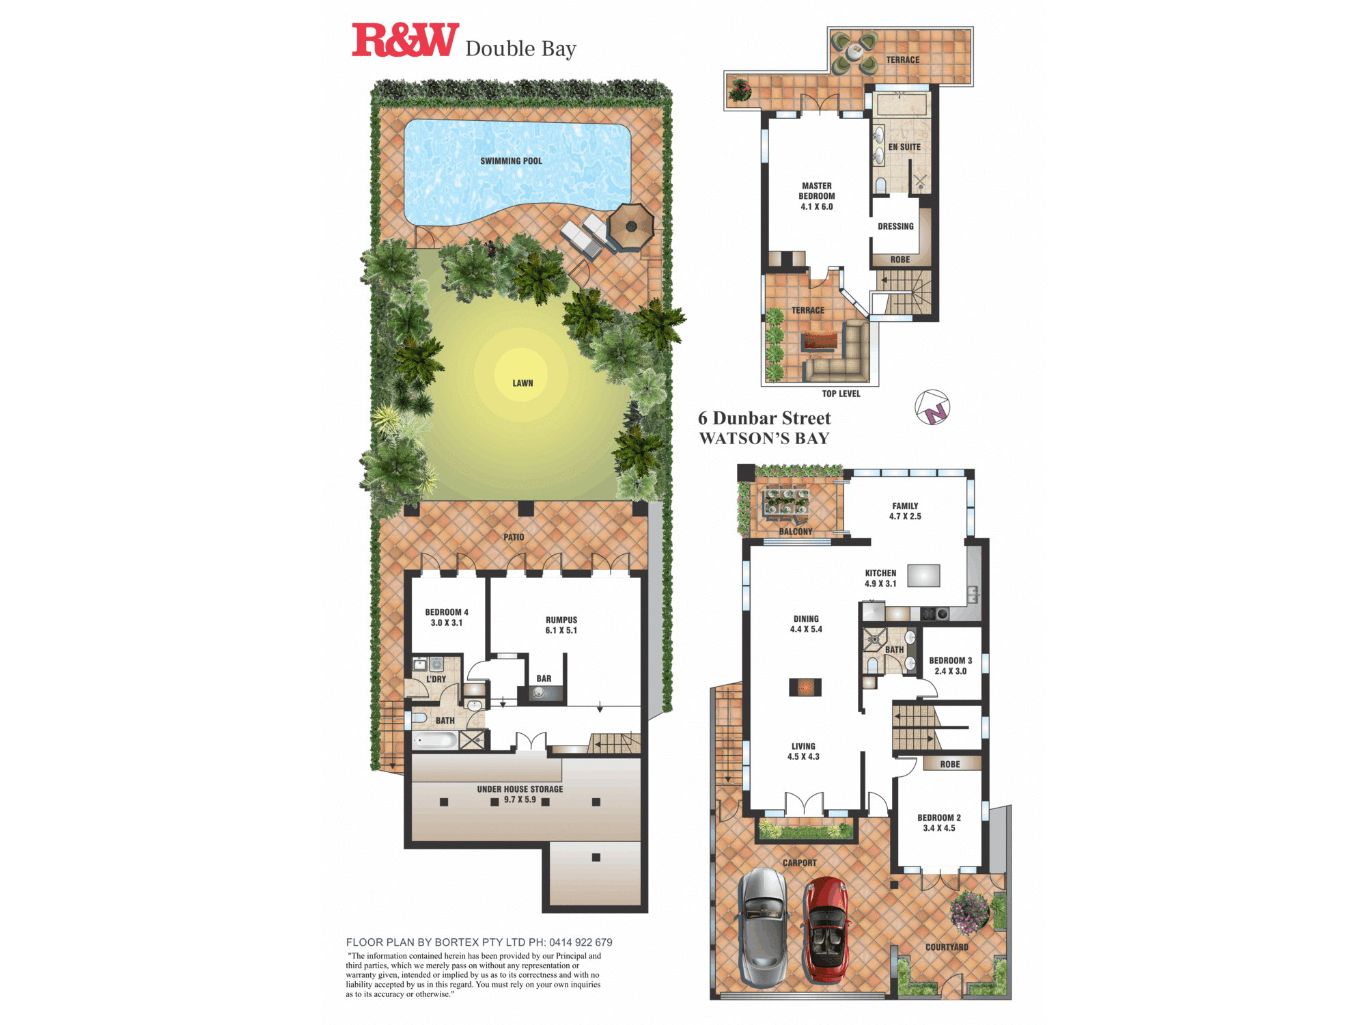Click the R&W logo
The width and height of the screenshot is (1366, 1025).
click(x=404, y=40)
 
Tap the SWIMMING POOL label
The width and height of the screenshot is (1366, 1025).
click(x=511, y=161)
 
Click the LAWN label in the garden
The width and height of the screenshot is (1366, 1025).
click(x=522, y=383)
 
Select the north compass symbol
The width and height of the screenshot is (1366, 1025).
click(x=932, y=408)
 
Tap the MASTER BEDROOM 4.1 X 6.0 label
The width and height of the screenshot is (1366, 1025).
click(x=817, y=196)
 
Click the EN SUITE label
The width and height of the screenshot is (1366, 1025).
click(x=904, y=148)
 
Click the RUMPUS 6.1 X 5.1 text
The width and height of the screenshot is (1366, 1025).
click(x=561, y=625)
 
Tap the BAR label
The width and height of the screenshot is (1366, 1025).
click(x=544, y=679)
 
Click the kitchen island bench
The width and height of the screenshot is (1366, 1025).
click(x=923, y=575)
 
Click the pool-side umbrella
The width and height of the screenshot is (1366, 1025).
click(x=630, y=226)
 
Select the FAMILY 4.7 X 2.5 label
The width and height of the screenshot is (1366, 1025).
click(x=905, y=511)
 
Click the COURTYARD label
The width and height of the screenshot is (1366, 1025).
click(x=947, y=947)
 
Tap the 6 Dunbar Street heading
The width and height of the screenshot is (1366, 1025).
click(x=764, y=418)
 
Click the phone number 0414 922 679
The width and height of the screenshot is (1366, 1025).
click(x=581, y=942)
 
